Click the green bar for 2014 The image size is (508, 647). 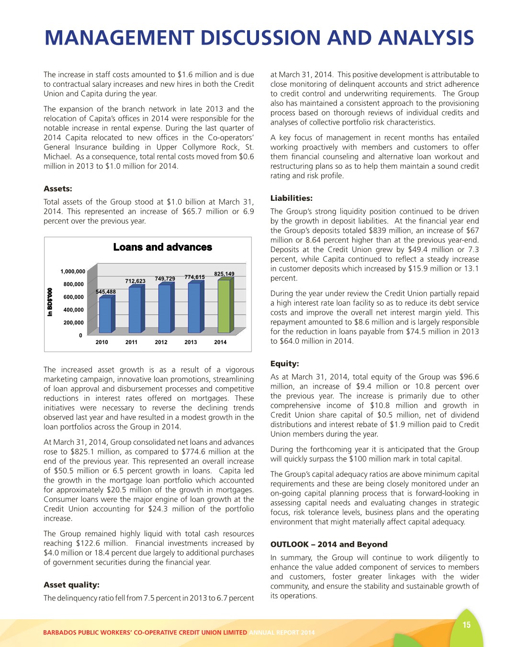click(224, 306)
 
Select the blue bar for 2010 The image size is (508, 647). click(106, 315)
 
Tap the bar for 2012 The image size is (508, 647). click(165, 308)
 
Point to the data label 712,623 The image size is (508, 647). click(135, 281)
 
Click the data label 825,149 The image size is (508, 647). click(224, 274)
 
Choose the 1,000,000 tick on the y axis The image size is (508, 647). click(73, 272)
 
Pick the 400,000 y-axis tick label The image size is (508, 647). click(74, 310)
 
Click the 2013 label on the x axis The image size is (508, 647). click(191, 342)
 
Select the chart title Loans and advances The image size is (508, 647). click(162, 247)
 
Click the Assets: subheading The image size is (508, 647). click(58, 189)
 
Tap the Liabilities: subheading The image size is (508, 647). click(291, 198)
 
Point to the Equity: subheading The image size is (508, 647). click(284, 364)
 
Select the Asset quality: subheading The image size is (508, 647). click(71, 585)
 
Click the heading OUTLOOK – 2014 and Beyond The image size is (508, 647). click(328, 544)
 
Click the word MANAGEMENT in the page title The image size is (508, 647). click(119, 38)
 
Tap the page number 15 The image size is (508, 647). click(466, 625)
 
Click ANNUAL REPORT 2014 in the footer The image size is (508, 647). click(282, 633)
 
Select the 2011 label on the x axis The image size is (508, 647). click(131, 342)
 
